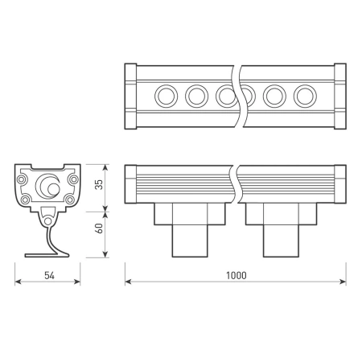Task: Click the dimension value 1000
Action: click(x=237, y=275)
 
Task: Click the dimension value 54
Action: click(x=49, y=275)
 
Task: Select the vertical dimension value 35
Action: click(x=99, y=185)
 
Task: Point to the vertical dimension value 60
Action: click(x=99, y=228)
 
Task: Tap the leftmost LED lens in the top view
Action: click(x=167, y=96)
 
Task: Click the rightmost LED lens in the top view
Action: click(x=305, y=96)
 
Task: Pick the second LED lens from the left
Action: click(x=197, y=96)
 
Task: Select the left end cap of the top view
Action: click(x=130, y=97)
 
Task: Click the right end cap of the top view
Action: click(x=340, y=97)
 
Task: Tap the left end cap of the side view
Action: click(x=130, y=184)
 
